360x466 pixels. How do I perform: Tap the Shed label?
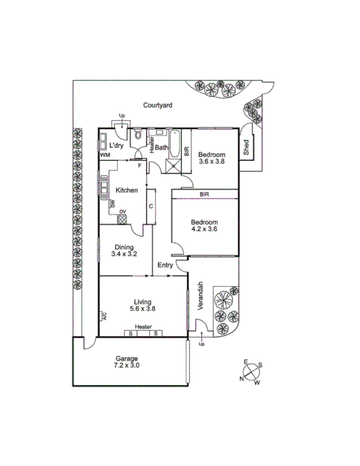pos(247,147)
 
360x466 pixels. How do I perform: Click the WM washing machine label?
pos(105,155)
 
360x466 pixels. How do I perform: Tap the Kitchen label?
pos(127,190)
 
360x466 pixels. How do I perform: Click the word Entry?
pos(165,266)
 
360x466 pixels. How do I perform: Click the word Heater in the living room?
pos(142,327)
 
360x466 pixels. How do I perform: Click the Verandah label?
pos(200,295)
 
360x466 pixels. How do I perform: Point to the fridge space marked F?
pos(138,165)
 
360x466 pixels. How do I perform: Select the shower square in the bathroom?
pos(174,164)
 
